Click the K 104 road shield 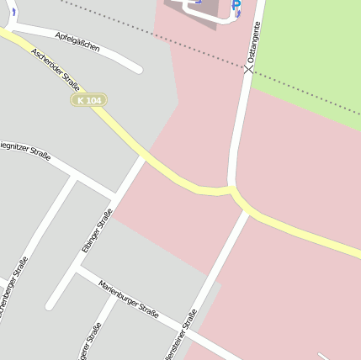click(x=88, y=100)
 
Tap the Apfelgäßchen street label click(x=77, y=42)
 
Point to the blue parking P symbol click(x=236, y=5)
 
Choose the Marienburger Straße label click(x=128, y=300)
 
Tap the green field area click(x=311, y=50)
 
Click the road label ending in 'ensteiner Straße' click(x=181, y=335)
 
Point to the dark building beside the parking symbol click(x=198, y=8)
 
